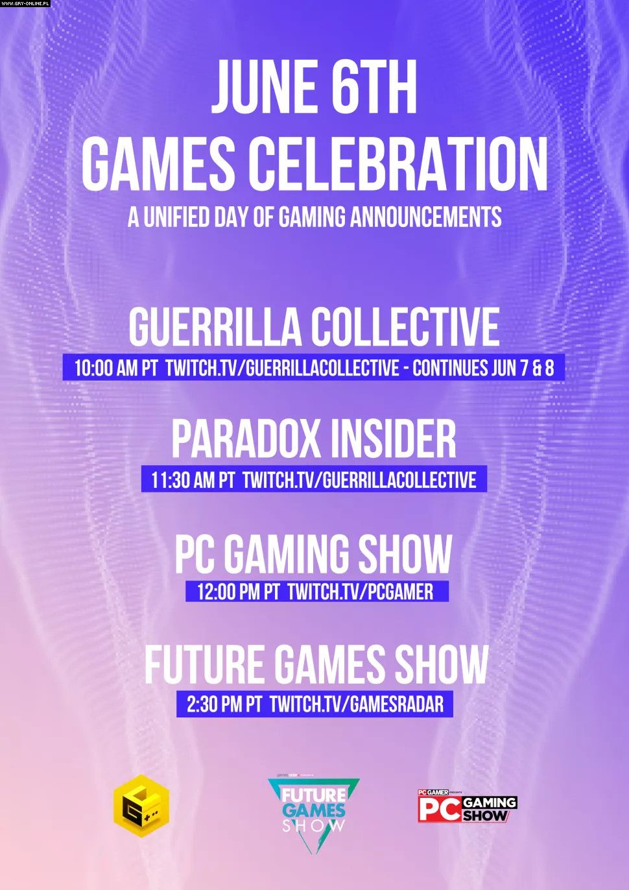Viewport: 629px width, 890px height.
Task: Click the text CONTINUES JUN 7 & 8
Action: click(483, 368)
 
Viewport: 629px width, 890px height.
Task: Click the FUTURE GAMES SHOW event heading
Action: click(316, 663)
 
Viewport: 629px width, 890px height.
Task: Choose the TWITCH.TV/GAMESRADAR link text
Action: click(357, 704)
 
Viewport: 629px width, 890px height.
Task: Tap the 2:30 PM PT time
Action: click(224, 704)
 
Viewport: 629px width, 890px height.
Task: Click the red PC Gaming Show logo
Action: click(468, 806)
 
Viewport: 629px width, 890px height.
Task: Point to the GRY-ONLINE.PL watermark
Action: click(25, 3)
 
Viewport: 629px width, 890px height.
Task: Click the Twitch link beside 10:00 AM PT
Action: click(282, 368)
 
